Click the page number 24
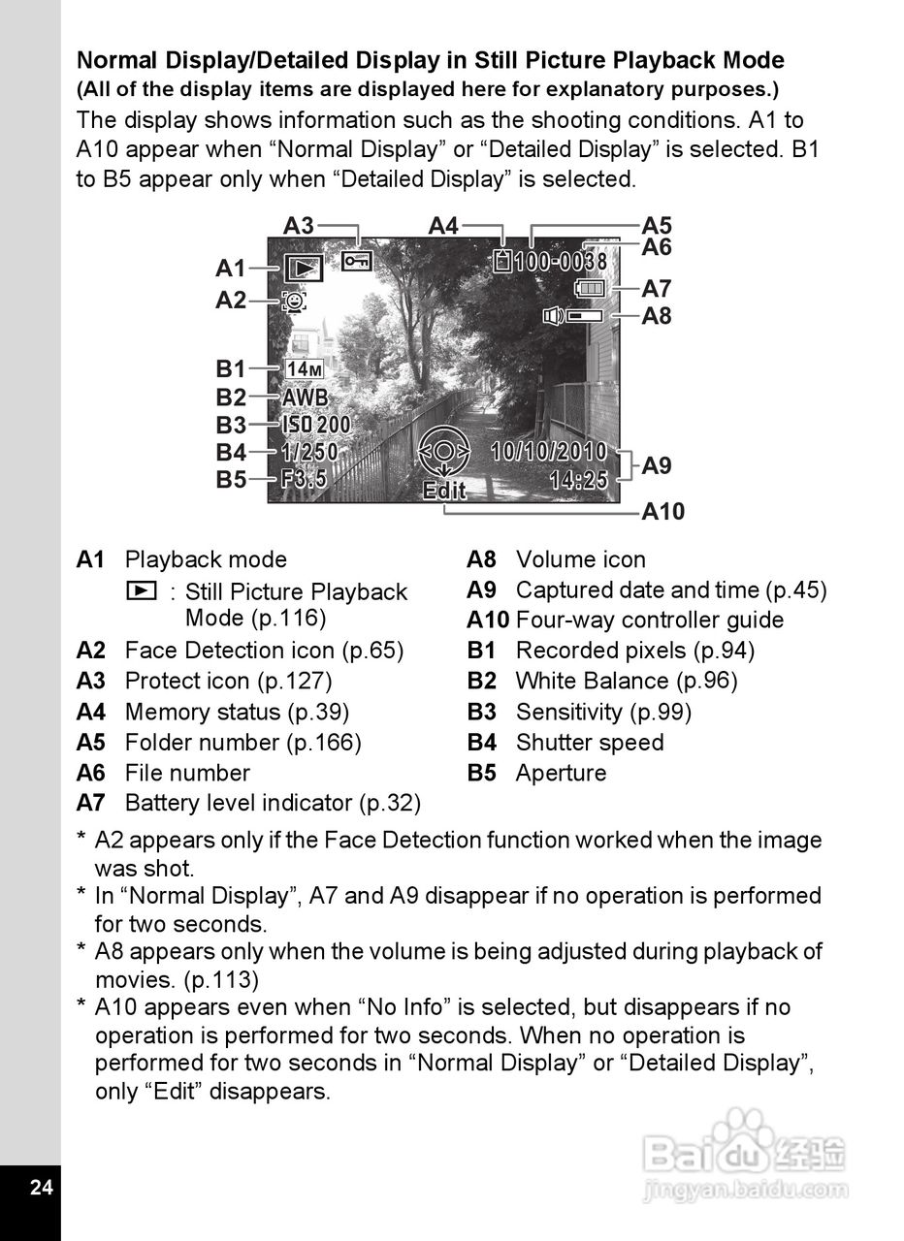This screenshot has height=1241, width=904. point(41,1188)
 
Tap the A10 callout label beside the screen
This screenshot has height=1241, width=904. point(663,511)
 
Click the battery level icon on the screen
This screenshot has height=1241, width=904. point(589,288)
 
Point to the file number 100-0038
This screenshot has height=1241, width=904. point(561,262)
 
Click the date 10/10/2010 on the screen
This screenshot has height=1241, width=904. point(549,451)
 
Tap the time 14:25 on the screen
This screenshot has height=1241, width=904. point(578,479)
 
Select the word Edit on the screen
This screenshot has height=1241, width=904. point(444,491)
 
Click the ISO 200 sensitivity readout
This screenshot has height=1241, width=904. point(316,425)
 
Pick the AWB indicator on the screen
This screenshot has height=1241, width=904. point(305,398)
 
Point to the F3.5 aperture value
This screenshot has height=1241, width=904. point(304,479)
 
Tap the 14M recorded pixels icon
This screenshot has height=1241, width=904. point(305,369)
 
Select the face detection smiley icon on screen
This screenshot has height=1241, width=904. point(292,302)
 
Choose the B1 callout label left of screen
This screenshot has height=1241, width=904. point(231,369)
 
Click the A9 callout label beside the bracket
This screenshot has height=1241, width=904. point(657,465)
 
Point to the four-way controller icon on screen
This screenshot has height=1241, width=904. point(443,452)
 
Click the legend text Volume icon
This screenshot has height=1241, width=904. point(580,559)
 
